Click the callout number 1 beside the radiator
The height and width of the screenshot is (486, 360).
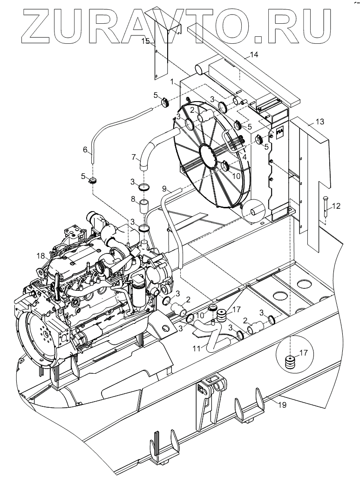172,82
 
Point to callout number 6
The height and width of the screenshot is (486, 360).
85,150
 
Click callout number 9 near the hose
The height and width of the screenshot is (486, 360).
164,188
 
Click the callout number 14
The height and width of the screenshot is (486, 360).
253,55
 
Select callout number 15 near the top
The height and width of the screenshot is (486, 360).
145,41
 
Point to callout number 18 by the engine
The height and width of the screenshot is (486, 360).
41,255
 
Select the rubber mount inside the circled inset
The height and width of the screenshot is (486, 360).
291,362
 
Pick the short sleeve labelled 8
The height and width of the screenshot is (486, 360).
144,205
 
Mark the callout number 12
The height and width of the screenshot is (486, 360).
337,205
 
